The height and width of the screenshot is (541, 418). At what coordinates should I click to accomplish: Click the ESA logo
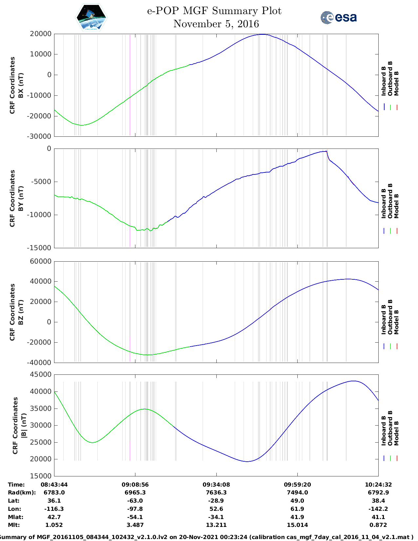(x=339, y=17)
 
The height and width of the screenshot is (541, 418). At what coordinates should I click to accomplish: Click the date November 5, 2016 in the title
(x=216, y=24)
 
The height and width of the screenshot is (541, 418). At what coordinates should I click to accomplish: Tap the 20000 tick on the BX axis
(x=40, y=34)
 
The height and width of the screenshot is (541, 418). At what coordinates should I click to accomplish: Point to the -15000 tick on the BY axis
(x=41, y=248)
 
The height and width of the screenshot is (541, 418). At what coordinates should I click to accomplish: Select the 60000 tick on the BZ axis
(x=40, y=261)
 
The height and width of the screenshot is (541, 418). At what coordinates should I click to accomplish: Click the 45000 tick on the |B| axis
(x=40, y=374)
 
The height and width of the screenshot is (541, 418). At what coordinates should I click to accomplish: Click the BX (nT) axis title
(x=21, y=85)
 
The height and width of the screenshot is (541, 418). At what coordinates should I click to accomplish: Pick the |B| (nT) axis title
(x=23, y=426)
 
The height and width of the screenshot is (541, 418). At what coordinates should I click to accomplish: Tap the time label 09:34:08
(x=216, y=485)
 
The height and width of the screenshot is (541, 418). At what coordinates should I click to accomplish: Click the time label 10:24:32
(x=378, y=485)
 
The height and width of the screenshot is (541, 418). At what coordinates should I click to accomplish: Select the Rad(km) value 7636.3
(x=216, y=492)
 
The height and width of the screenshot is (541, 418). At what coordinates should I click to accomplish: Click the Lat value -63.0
(x=135, y=501)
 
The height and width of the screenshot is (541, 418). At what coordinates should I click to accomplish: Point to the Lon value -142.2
(x=378, y=509)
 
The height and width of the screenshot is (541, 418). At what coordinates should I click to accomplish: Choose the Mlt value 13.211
(x=216, y=525)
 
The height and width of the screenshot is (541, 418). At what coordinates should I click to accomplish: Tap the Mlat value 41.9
(x=297, y=517)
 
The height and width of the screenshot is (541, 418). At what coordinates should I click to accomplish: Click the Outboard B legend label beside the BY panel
(x=390, y=201)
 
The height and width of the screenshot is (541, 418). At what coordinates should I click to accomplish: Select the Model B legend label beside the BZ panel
(x=396, y=322)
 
